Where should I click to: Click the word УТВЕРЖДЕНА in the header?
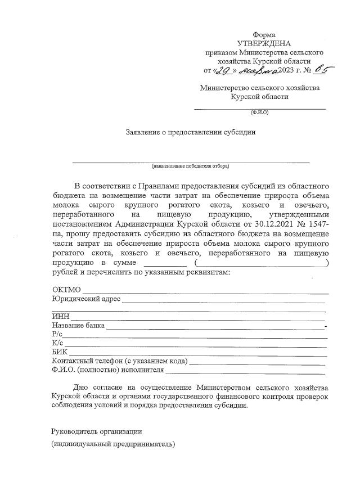264,43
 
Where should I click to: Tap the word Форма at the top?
264,35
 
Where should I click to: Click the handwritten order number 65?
322,70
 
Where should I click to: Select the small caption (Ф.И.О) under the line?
259,112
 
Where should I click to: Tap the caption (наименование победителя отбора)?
190,166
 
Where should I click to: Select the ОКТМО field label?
66,290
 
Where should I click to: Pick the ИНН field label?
60,317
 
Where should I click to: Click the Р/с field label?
57,335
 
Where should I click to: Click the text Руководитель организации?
97,431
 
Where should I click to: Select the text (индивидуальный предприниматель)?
113,444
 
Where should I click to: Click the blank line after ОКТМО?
205,291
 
